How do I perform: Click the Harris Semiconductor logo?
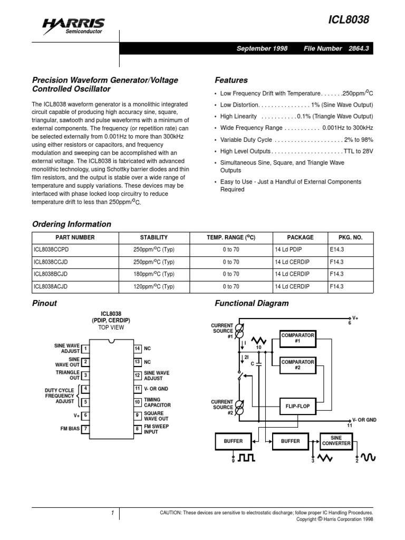(74, 25)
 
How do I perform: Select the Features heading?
(231, 80)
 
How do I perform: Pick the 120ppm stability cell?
(153, 286)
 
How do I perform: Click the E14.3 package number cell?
(336, 249)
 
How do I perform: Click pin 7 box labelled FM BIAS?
(85, 429)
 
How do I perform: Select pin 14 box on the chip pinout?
(137, 349)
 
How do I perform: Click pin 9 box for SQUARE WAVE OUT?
(137, 416)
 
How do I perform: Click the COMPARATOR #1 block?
(297, 338)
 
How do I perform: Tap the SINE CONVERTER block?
(336, 441)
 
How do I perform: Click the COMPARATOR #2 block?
(297, 365)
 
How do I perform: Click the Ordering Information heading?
(72, 224)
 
